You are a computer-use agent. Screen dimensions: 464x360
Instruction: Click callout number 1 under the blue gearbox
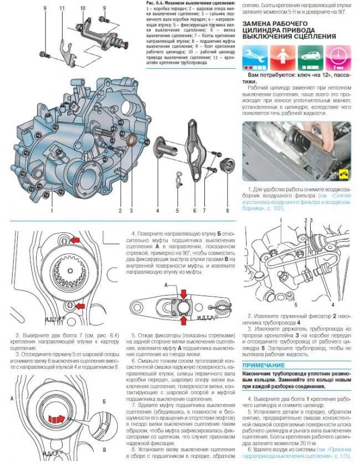[51, 211]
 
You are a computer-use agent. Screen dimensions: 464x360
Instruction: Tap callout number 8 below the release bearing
[227, 211]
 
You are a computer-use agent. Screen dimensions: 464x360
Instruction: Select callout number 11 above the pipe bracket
[62, 8]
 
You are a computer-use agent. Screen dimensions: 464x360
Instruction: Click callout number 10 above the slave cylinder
[82, 8]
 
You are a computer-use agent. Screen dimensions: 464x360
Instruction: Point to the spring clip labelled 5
[176, 180]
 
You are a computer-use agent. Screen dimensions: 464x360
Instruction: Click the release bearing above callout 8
[227, 165]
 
